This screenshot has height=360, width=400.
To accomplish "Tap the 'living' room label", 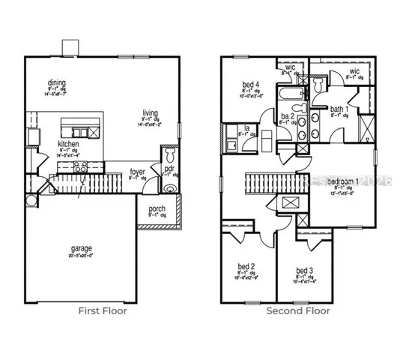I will [x=151, y=113].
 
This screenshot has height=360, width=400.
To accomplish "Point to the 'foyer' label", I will [x=137, y=172].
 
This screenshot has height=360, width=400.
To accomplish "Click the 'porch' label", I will [x=157, y=208].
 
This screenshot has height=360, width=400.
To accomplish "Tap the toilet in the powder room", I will [x=169, y=154].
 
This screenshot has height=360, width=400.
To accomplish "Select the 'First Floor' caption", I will [x=103, y=310].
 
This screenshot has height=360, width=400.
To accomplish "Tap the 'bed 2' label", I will [x=246, y=265].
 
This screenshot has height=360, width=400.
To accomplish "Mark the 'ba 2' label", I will [x=285, y=116].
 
